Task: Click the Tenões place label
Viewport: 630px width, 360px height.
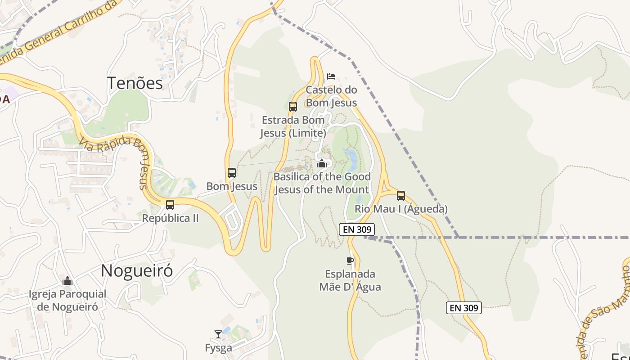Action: click(x=135, y=83)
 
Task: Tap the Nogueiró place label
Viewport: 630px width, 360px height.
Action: click(x=137, y=270)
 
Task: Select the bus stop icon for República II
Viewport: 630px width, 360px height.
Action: click(x=170, y=205)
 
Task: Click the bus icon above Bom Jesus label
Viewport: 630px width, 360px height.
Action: click(x=232, y=172)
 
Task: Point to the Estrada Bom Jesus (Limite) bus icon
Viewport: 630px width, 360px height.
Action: click(x=293, y=107)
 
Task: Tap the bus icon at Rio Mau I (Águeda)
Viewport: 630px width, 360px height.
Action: click(x=401, y=196)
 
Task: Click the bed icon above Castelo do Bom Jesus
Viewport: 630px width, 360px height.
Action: click(x=331, y=76)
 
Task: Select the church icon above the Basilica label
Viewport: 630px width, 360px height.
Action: click(x=321, y=163)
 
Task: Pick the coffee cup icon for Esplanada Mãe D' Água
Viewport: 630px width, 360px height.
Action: click(x=350, y=261)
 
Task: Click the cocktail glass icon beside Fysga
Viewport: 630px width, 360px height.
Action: click(x=218, y=334)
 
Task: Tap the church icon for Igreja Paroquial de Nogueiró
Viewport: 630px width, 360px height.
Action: click(x=67, y=281)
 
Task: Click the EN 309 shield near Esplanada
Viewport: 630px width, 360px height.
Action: click(x=357, y=229)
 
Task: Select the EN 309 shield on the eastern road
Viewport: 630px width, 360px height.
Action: click(x=464, y=308)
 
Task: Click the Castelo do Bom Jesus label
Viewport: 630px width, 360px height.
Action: click(x=331, y=96)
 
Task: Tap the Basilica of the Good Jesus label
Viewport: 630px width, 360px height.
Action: click(x=322, y=183)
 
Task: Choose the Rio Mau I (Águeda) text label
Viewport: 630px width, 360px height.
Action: click(x=401, y=209)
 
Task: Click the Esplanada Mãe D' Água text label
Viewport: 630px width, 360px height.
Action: click(x=350, y=280)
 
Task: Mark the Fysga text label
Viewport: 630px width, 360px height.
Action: click(x=218, y=348)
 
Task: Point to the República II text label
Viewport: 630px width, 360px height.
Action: click(x=170, y=218)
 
